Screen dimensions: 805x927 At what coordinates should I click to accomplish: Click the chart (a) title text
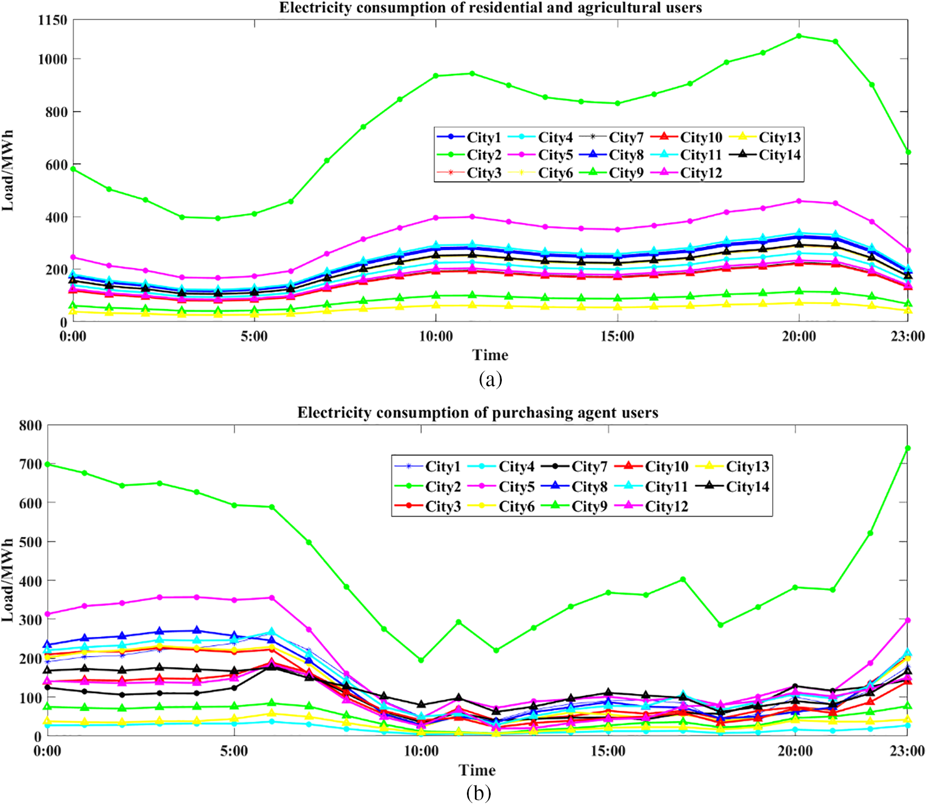click(x=490, y=8)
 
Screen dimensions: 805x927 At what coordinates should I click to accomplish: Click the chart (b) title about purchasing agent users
click(x=477, y=412)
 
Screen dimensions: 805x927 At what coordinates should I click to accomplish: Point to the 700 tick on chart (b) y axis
click(x=30, y=464)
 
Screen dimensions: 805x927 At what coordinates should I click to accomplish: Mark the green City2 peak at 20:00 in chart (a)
click(x=799, y=36)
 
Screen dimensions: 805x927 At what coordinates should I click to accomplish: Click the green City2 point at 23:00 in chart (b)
click(x=908, y=448)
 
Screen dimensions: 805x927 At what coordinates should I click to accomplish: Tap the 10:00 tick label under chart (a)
click(x=436, y=337)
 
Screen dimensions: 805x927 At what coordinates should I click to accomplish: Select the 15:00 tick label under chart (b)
click(x=608, y=751)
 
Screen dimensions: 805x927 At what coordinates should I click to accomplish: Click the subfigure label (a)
click(x=490, y=379)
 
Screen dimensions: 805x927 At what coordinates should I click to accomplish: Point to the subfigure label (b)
click(x=479, y=793)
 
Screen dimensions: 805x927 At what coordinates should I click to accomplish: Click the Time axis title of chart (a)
click(x=490, y=355)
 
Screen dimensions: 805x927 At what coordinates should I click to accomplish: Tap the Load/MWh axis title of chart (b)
click(x=8, y=580)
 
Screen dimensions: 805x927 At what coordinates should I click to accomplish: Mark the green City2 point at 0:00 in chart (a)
click(x=73, y=169)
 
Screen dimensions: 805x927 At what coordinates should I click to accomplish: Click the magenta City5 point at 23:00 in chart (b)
click(x=908, y=620)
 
